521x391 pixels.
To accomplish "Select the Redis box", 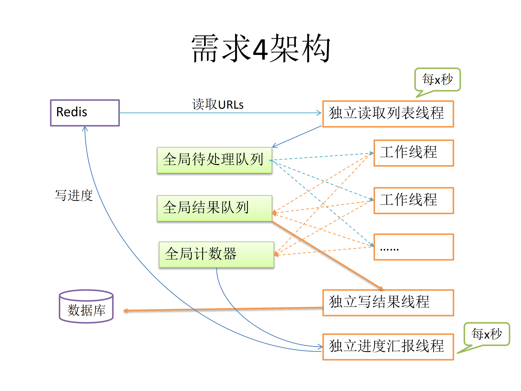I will (x=85, y=112).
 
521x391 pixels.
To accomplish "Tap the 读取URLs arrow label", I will (x=218, y=105).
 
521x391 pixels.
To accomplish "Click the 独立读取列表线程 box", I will (x=388, y=114).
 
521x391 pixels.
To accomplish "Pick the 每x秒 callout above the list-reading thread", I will (x=437, y=79).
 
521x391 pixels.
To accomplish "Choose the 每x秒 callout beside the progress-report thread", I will (x=487, y=334).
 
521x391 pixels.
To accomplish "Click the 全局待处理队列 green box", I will (x=214, y=160).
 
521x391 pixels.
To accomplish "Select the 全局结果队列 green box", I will (x=214, y=208).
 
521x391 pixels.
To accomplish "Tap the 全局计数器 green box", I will (x=216, y=254).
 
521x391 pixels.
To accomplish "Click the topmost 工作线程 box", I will (x=413, y=153).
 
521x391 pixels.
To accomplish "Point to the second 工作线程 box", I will (x=413, y=200).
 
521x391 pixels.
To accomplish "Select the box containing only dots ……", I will (x=413, y=247).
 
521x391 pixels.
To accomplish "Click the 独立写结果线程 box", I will (x=388, y=302).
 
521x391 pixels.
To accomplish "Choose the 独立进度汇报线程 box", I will (x=388, y=346).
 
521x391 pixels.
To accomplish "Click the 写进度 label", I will (x=74, y=195).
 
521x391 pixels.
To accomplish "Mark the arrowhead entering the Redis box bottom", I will (x=85, y=128).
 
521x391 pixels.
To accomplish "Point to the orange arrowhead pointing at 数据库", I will (x=125, y=310).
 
